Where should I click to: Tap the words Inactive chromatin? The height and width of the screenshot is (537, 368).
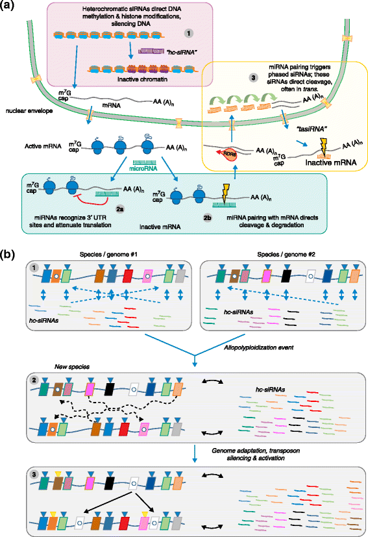click(121, 79)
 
